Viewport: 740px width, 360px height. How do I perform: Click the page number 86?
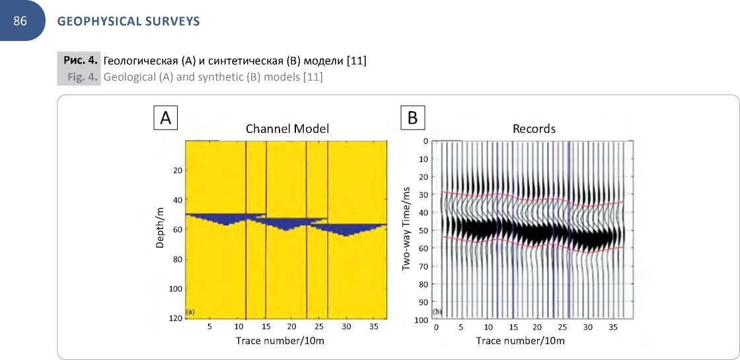tap(20, 21)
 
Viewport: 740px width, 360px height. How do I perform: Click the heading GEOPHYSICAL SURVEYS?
tap(128, 21)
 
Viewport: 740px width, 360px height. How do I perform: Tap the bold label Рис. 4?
tap(81, 61)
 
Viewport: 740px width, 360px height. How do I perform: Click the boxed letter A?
tap(165, 118)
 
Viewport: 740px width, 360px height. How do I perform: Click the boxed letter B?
tap(412, 118)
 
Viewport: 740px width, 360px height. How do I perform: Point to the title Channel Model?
tap(287, 129)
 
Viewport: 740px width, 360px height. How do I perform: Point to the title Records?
tap(534, 129)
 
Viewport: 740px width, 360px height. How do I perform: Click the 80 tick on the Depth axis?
tap(178, 259)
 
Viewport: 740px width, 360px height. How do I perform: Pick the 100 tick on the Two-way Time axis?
tap(421, 320)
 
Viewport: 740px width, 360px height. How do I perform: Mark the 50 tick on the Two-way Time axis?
tap(423, 231)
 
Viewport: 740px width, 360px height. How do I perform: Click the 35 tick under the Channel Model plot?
tap(374, 327)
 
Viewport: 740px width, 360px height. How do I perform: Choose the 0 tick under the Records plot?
tap(436, 327)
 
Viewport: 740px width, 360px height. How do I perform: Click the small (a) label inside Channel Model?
tap(190, 312)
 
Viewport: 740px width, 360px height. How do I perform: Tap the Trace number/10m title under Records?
tap(521, 341)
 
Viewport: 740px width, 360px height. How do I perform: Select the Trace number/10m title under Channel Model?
tap(280, 341)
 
